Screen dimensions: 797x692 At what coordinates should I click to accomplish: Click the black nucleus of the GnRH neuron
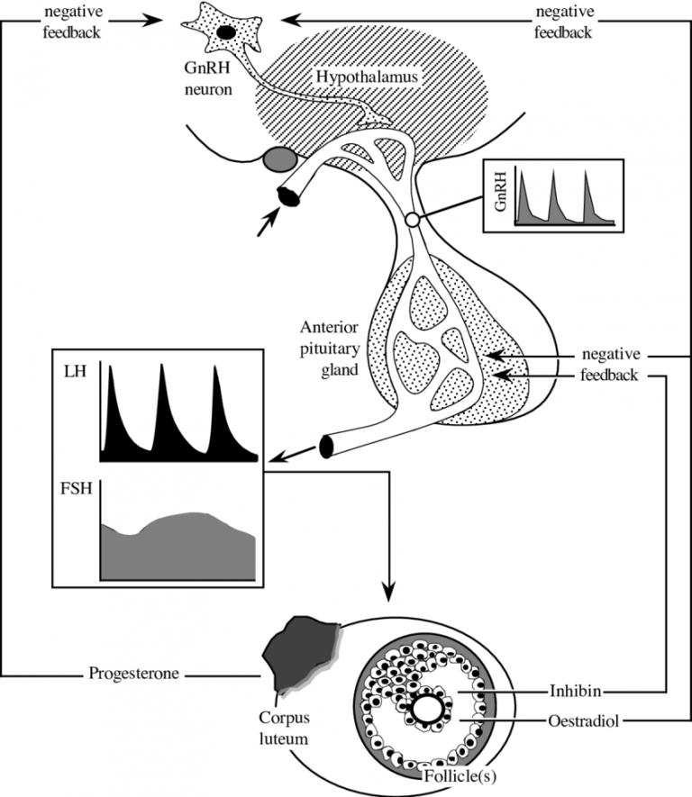224,32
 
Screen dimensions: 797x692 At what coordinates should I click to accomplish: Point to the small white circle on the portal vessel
413,219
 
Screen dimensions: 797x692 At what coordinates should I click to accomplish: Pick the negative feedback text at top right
563,22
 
